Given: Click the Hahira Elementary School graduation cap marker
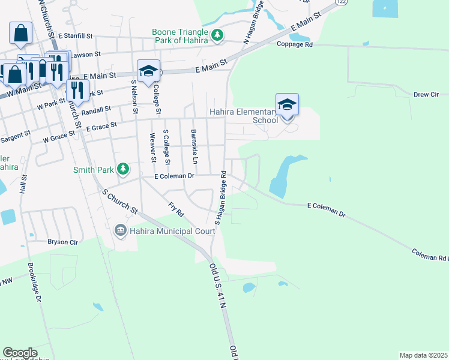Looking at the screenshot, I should pos(287,104).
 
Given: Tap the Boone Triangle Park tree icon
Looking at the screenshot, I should pos(218,37).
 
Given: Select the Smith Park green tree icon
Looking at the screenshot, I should pos(123,170).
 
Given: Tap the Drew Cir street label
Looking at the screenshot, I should pos(426,94).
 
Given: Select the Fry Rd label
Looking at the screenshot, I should pos(175,209).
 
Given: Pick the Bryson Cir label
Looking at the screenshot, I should pos(63,242).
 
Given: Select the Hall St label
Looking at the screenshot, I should pos(24,186).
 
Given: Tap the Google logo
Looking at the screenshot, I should pos(20,353).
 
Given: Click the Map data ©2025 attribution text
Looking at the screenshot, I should pos(423,355).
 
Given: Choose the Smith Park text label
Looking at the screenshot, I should pos(93,170).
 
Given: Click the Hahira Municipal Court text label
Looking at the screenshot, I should pos(164,231).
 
